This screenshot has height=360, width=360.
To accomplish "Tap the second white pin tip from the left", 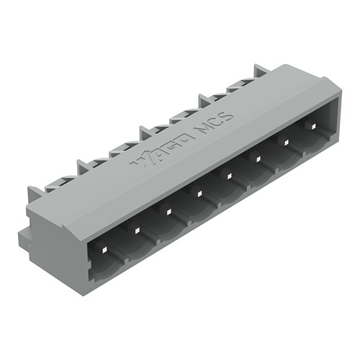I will pos(135,230).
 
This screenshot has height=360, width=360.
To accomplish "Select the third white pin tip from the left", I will pos(166,212).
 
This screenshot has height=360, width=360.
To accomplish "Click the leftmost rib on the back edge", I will pos(35,193).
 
